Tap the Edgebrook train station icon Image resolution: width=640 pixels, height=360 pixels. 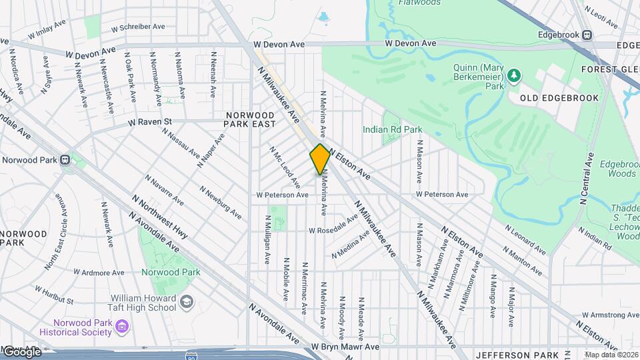[587, 35]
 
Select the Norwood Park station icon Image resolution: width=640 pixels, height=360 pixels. [65, 159]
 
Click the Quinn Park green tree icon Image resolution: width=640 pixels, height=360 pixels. [513, 75]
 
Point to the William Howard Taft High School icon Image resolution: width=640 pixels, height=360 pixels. [186, 301]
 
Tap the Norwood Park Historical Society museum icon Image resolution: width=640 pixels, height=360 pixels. [122, 325]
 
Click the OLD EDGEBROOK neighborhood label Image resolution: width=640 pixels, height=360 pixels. [546, 98]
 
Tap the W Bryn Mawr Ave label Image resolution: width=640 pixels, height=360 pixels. [345, 347]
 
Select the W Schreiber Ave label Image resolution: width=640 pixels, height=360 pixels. [138, 27]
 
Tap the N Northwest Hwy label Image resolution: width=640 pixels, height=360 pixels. [159, 217]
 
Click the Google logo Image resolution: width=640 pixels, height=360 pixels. [21, 351]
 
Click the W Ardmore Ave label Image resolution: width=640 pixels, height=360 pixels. [99, 272]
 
